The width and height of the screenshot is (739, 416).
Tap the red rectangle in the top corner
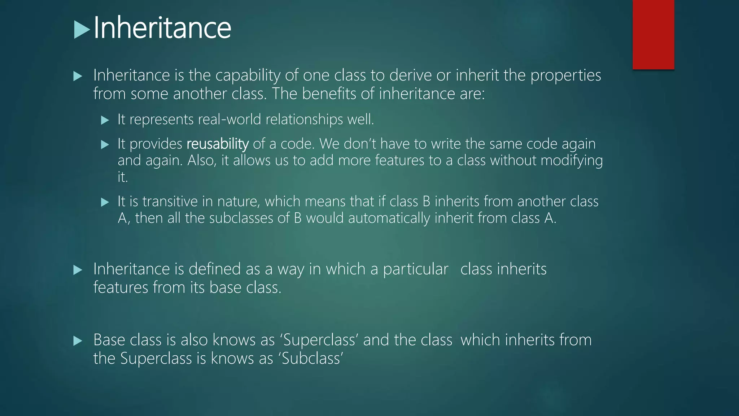pos(653,34)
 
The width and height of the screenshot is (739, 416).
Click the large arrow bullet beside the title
pos(82,30)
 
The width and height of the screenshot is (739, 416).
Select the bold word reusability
pos(218,144)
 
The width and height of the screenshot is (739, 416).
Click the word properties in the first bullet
pos(565,75)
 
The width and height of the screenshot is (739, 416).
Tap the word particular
pos(415,269)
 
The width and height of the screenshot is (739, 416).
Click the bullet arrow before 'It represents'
pos(105,120)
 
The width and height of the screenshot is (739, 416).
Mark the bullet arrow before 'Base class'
pos(78,341)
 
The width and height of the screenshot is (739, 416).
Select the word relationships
pos(304,120)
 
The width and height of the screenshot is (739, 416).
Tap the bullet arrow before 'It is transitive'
pos(105,202)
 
